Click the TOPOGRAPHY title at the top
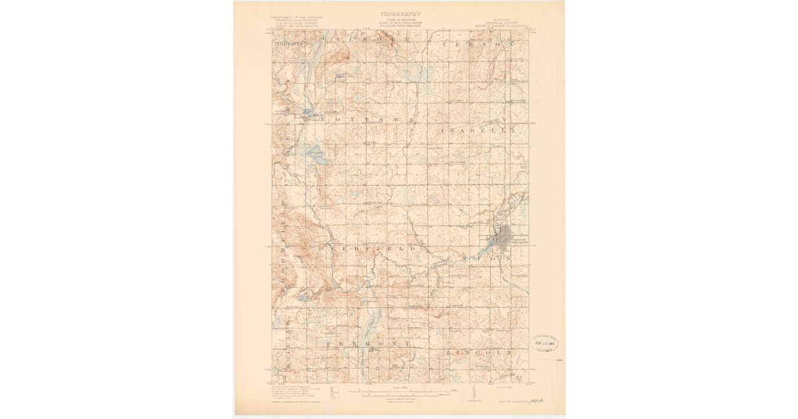(x=400, y=13)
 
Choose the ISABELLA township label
(x=478, y=132)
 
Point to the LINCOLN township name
(x=479, y=351)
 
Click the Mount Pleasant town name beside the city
(x=519, y=241)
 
